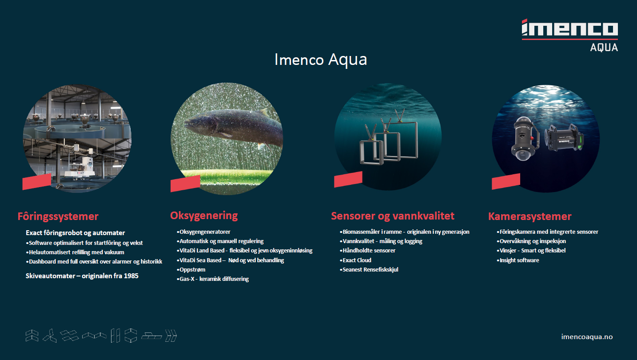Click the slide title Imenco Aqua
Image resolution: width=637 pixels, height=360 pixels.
coord(320,60)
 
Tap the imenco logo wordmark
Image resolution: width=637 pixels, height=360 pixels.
coord(569,28)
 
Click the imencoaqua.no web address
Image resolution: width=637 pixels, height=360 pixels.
coord(587,336)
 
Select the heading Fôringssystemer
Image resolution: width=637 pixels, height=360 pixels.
coord(58,216)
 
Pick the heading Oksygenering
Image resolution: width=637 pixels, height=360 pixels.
coord(204,216)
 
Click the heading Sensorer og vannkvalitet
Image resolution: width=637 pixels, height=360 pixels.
coord(393,216)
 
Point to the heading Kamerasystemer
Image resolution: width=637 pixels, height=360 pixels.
coord(530,216)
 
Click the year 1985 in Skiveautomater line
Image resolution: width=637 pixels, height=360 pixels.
coord(131,276)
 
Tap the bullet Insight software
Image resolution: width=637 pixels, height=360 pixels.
coord(518,260)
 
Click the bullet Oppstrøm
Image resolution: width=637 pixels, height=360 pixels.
coord(191,269)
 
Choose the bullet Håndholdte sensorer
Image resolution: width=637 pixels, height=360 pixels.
coord(367,250)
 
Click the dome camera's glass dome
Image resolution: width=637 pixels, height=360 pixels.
coord(523,154)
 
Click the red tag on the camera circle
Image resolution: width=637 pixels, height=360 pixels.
coord(506,181)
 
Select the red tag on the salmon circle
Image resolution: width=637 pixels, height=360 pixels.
coord(185,184)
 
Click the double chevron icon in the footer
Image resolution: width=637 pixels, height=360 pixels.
coord(171,336)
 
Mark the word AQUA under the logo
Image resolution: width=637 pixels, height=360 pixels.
coord(604,47)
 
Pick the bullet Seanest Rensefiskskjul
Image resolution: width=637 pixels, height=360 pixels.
coord(369,270)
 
